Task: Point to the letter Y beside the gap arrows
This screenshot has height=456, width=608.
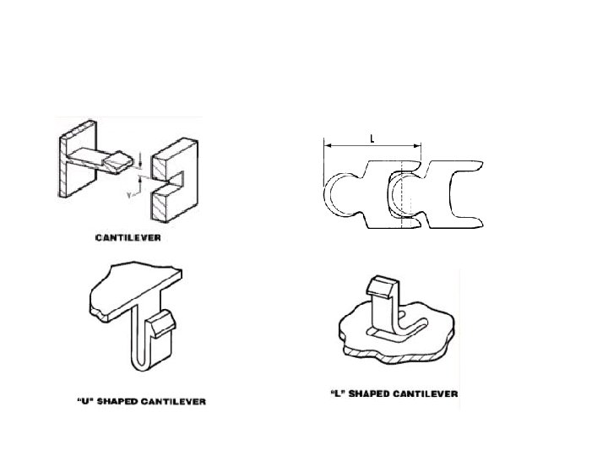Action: [x=129, y=193]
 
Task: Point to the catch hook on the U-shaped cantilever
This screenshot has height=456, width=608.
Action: [x=163, y=323]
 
